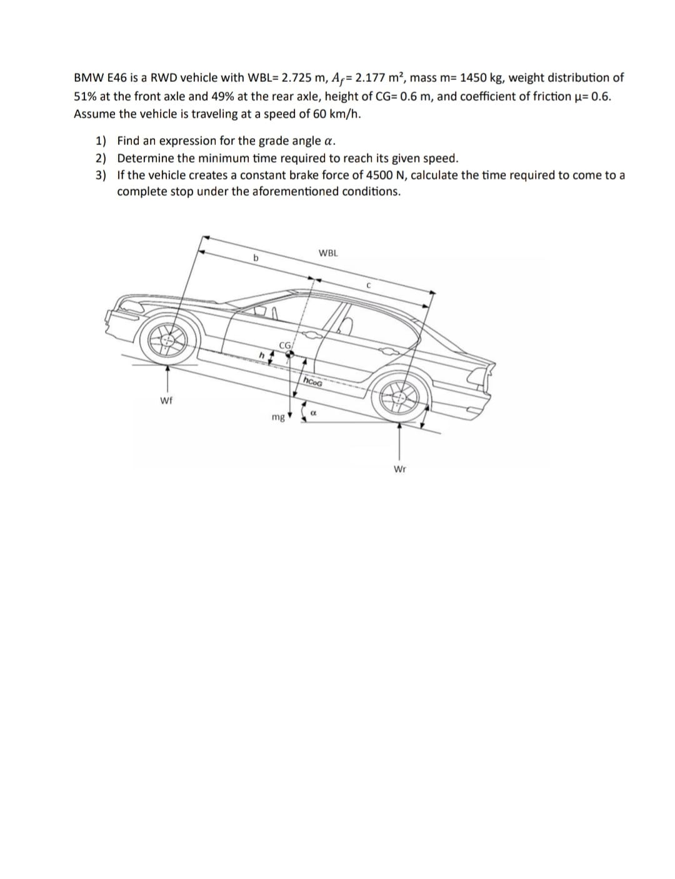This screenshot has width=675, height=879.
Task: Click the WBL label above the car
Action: pos(328,253)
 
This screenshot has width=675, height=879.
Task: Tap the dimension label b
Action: pos(255,257)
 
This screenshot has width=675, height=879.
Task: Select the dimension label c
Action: pos(369,286)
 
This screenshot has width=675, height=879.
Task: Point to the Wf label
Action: pos(166,400)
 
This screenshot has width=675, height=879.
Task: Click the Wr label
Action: pos(400,469)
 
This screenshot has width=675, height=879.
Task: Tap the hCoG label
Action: pos(312,382)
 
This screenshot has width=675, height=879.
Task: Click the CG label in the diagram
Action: pos(285,345)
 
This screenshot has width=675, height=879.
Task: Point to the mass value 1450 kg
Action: pos(481,78)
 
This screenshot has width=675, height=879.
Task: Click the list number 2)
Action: pos(101,158)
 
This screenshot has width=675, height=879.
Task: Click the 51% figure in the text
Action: pos(85,96)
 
